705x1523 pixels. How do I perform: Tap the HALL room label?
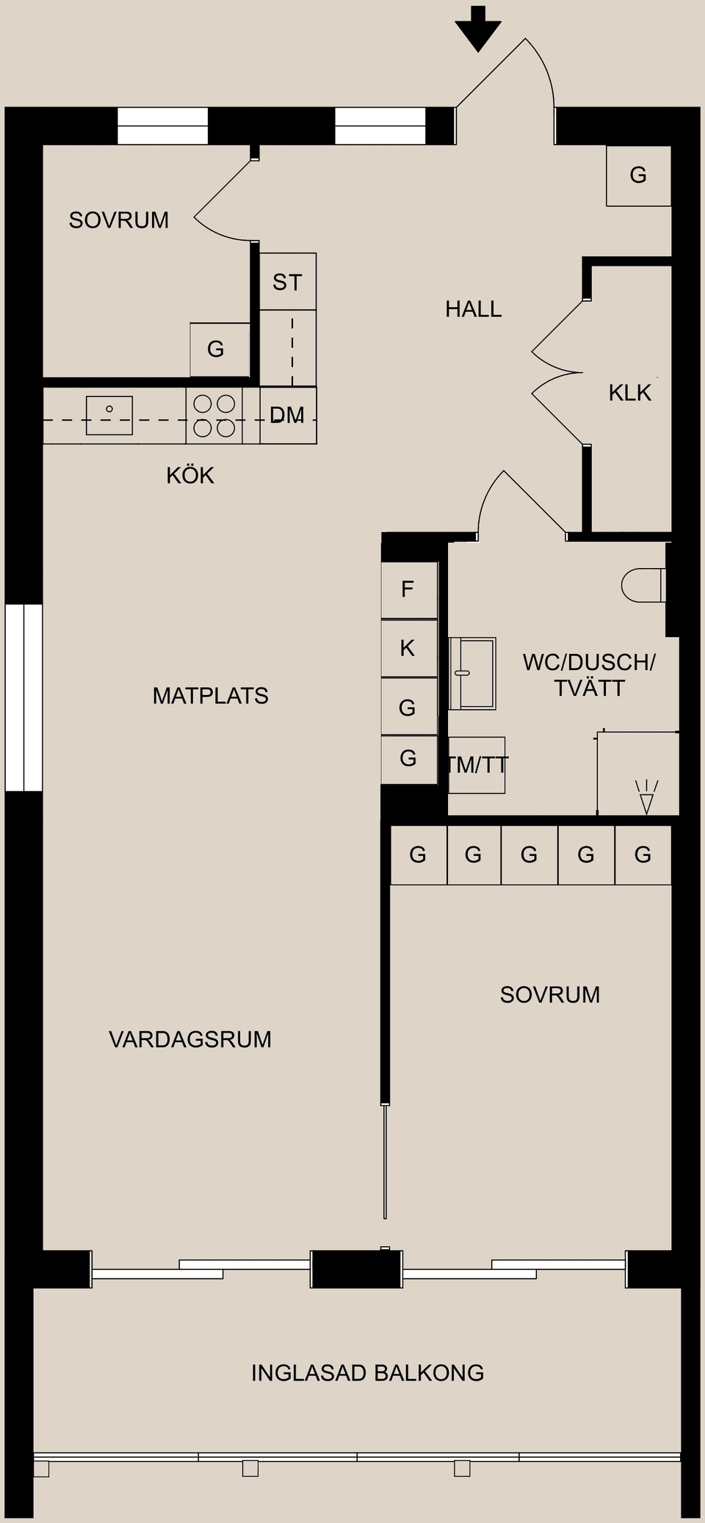pos(473,309)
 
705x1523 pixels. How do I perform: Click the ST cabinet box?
pos(288,282)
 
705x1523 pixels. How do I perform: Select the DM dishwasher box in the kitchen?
pos(288,415)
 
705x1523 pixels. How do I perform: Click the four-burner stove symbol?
pos(214,415)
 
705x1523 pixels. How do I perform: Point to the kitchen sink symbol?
pos(109,415)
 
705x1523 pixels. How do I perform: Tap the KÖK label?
pos(190,476)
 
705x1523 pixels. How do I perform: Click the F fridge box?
pos(408,589)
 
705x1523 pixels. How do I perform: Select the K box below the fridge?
pos(408,648)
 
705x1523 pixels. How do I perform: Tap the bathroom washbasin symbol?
pos(472,673)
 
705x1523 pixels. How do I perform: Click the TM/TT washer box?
pos(477,766)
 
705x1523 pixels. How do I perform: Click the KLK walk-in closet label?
pos(629,393)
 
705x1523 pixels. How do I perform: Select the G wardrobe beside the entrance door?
pos(638,175)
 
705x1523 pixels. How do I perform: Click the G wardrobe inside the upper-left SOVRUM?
pos(216,349)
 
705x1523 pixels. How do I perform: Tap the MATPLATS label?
pos(210,696)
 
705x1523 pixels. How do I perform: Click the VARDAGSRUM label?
pos(190,1039)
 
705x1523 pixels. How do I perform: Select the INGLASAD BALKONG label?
pos(367,1373)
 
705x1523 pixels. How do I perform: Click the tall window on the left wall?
pos(23,697)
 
